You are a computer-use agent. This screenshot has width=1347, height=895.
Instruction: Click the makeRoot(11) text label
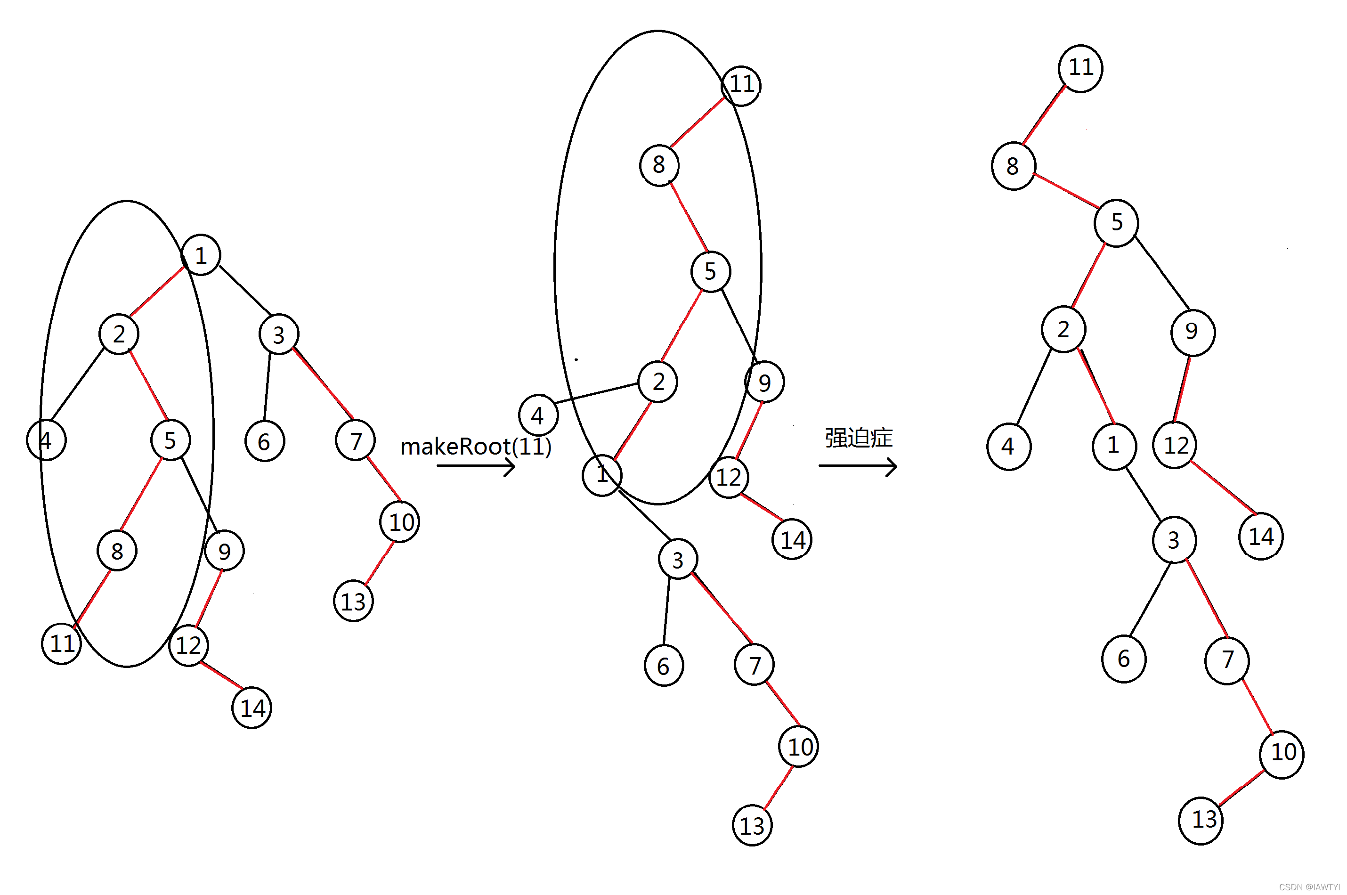[476, 447]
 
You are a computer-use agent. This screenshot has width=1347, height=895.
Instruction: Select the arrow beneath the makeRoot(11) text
[475, 466]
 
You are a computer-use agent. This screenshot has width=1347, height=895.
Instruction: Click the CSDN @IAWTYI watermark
[1309, 887]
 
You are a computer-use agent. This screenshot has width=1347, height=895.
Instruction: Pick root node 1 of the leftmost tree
[201, 254]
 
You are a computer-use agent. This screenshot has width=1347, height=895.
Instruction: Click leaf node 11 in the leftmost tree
[62, 643]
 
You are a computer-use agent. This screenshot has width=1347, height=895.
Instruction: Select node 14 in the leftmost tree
[252, 708]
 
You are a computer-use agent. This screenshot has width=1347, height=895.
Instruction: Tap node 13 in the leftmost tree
[353, 601]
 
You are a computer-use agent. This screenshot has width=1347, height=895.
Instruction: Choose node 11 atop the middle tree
[741, 86]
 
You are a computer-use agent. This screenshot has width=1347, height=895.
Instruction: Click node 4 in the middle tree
[538, 415]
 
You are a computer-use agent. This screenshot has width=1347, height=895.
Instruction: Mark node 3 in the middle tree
[678, 560]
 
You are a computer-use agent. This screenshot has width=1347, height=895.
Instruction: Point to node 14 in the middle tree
[792, 539]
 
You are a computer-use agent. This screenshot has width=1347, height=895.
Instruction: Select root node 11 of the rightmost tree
[1080, 68]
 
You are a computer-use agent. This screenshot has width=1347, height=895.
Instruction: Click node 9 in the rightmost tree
[1193, 332]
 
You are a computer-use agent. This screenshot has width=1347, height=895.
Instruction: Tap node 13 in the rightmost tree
[1201, 820]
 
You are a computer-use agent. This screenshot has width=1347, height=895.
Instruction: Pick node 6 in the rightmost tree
[1123, 659]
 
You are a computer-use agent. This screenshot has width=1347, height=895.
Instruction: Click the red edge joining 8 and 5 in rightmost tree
[1065, 190]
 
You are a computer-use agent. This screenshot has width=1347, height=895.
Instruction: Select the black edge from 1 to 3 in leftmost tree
[245, 290]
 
